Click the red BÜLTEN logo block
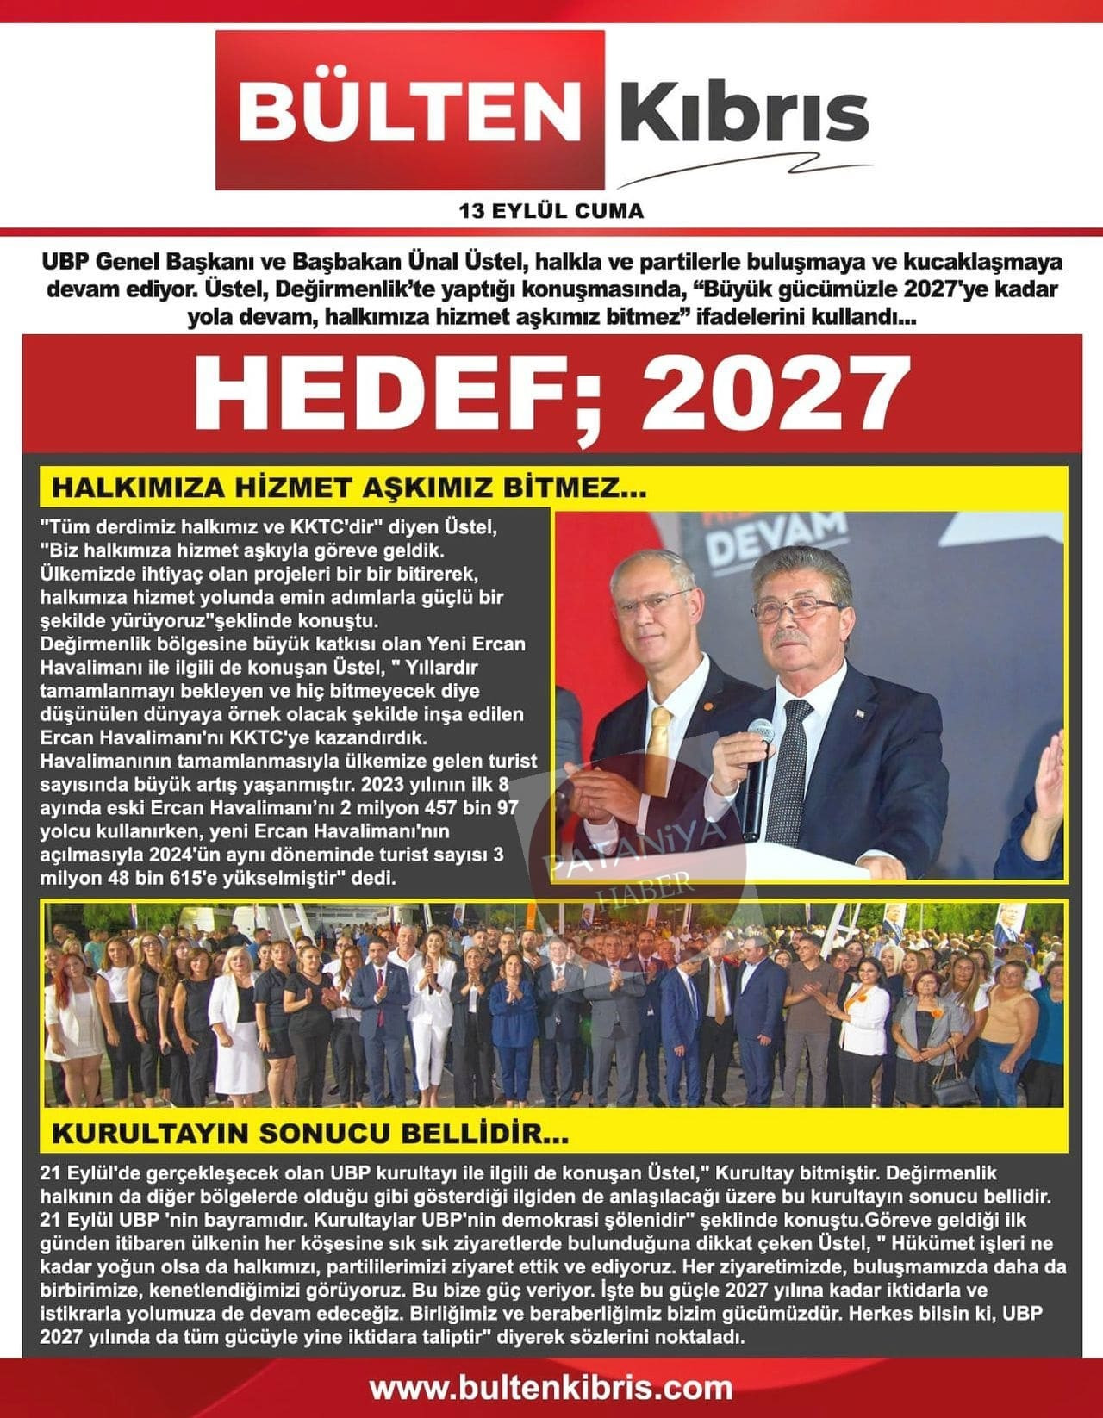coord(410,109)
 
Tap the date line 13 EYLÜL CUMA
coord(551,210)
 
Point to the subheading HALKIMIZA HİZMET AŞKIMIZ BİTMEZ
coord(349,488)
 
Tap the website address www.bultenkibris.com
coord(551,1388)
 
